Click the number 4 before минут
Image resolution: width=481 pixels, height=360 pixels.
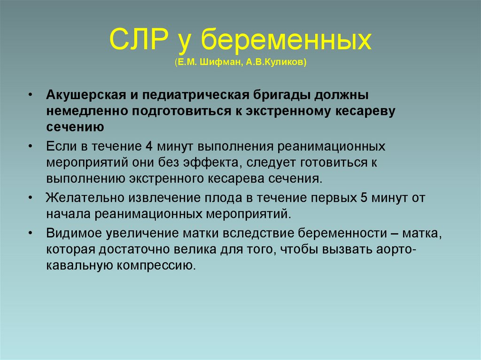(148, 146)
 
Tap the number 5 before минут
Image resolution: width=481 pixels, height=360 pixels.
(364, 198)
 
